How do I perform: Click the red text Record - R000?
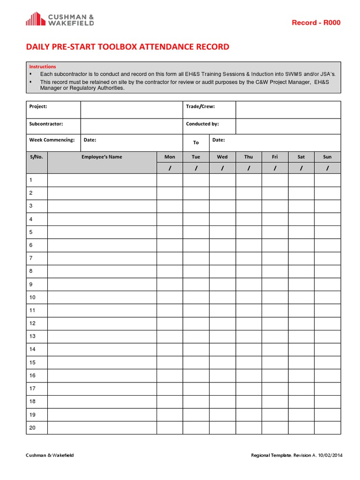coord(316,23)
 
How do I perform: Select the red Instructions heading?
coord(43,67)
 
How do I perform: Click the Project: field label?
coord(38,106)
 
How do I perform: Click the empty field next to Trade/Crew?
coord(288,110)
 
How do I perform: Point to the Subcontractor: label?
coord(46,124)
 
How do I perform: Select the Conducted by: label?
coord(202,124)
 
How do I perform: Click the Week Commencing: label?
coord(52,140)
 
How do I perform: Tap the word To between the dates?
coord(196,142)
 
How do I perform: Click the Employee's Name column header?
coord(102,157)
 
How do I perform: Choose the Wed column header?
coord(222,157)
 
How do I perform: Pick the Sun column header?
coord(327,157)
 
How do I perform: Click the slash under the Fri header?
coord(275,168)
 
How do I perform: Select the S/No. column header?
coord(37,157)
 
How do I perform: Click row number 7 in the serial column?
coord(31,258)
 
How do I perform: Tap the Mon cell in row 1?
coord(170,180)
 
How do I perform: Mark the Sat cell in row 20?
coord(301,427)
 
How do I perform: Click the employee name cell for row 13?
coord(102,336)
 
